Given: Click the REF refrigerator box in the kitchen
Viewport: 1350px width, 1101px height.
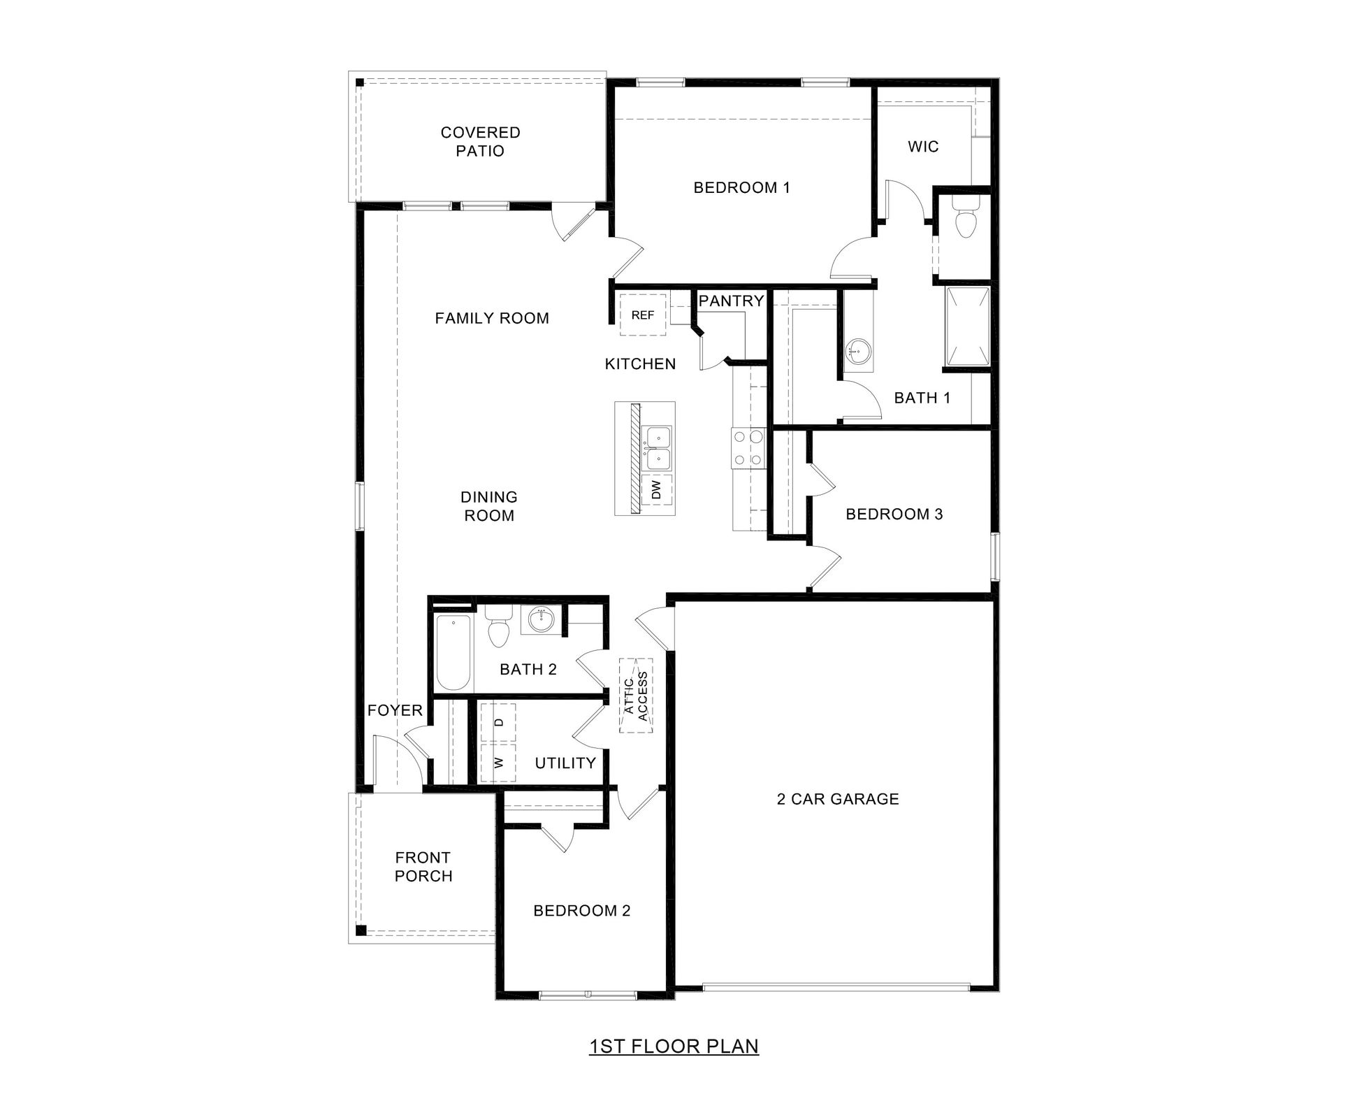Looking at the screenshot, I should [642, 315].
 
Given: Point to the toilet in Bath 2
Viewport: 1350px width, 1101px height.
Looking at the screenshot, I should [498, 630].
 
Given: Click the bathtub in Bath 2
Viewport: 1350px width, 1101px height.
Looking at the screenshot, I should [452, 653].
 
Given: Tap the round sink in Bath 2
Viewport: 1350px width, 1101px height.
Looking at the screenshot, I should [539, 619].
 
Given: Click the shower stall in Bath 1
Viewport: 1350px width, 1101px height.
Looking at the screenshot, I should [967, 326].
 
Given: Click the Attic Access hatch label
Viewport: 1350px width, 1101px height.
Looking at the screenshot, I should [636, 696].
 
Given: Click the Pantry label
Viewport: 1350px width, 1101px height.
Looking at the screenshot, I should [731, 301].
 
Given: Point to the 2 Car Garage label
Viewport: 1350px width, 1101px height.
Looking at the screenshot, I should [837, 799].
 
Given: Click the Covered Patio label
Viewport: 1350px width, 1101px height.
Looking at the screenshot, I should [480, 141].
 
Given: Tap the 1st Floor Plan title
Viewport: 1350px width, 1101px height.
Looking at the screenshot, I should [674, 1046].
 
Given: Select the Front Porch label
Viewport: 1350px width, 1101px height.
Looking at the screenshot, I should [423, 867].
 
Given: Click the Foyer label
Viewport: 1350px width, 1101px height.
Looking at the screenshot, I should [395, 710].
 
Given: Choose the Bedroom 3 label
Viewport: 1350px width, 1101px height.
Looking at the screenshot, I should [894, 514].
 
